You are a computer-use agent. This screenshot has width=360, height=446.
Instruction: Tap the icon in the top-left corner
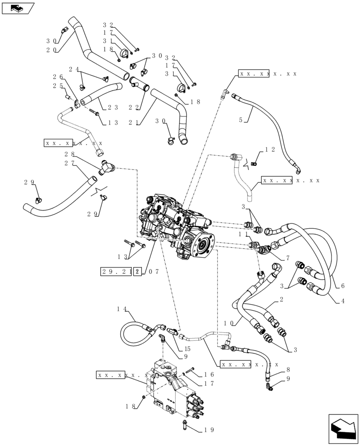17,8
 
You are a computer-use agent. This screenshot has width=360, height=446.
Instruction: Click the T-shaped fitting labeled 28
106,169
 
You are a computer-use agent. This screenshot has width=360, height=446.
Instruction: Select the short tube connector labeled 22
139,84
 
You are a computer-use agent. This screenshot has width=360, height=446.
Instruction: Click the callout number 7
287,258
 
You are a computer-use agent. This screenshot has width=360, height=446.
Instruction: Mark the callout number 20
52,50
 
